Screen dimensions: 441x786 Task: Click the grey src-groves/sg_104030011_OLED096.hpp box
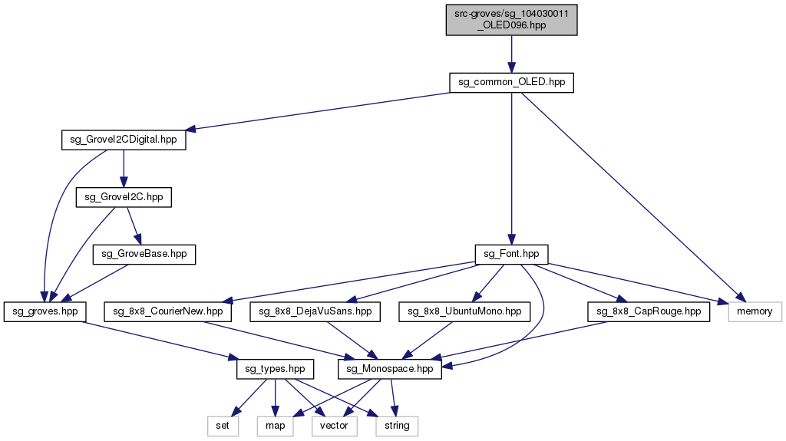(x=511, y=18)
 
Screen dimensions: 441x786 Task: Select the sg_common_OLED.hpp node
(x=511, y=83)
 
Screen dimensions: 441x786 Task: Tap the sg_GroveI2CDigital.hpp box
(x=123, y=140)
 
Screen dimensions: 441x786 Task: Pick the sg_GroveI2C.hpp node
(x=124, y=197)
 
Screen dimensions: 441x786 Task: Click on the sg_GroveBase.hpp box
(x=144, y=254)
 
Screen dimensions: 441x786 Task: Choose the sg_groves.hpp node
(x=45, y=311)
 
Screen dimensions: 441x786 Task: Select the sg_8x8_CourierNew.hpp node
(x=168, y=311)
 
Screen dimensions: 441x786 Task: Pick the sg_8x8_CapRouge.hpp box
(x=649, y=311)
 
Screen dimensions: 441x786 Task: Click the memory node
(x=755, y=311)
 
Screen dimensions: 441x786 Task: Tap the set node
(x=223, y=425)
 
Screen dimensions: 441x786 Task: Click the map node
(x=276, y=425)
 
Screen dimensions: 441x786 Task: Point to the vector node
(x=334, y=425)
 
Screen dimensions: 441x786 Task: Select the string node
(x=397, y=425)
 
